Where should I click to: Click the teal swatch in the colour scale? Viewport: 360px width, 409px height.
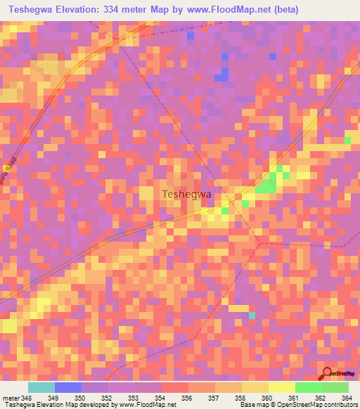point(41,387)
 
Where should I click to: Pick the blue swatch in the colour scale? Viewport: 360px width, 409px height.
point(68,387)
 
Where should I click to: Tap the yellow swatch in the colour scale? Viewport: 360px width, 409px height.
point(281,387)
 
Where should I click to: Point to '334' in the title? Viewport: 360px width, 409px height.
point(127,10)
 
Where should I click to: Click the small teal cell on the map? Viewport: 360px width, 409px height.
point(251,315)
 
